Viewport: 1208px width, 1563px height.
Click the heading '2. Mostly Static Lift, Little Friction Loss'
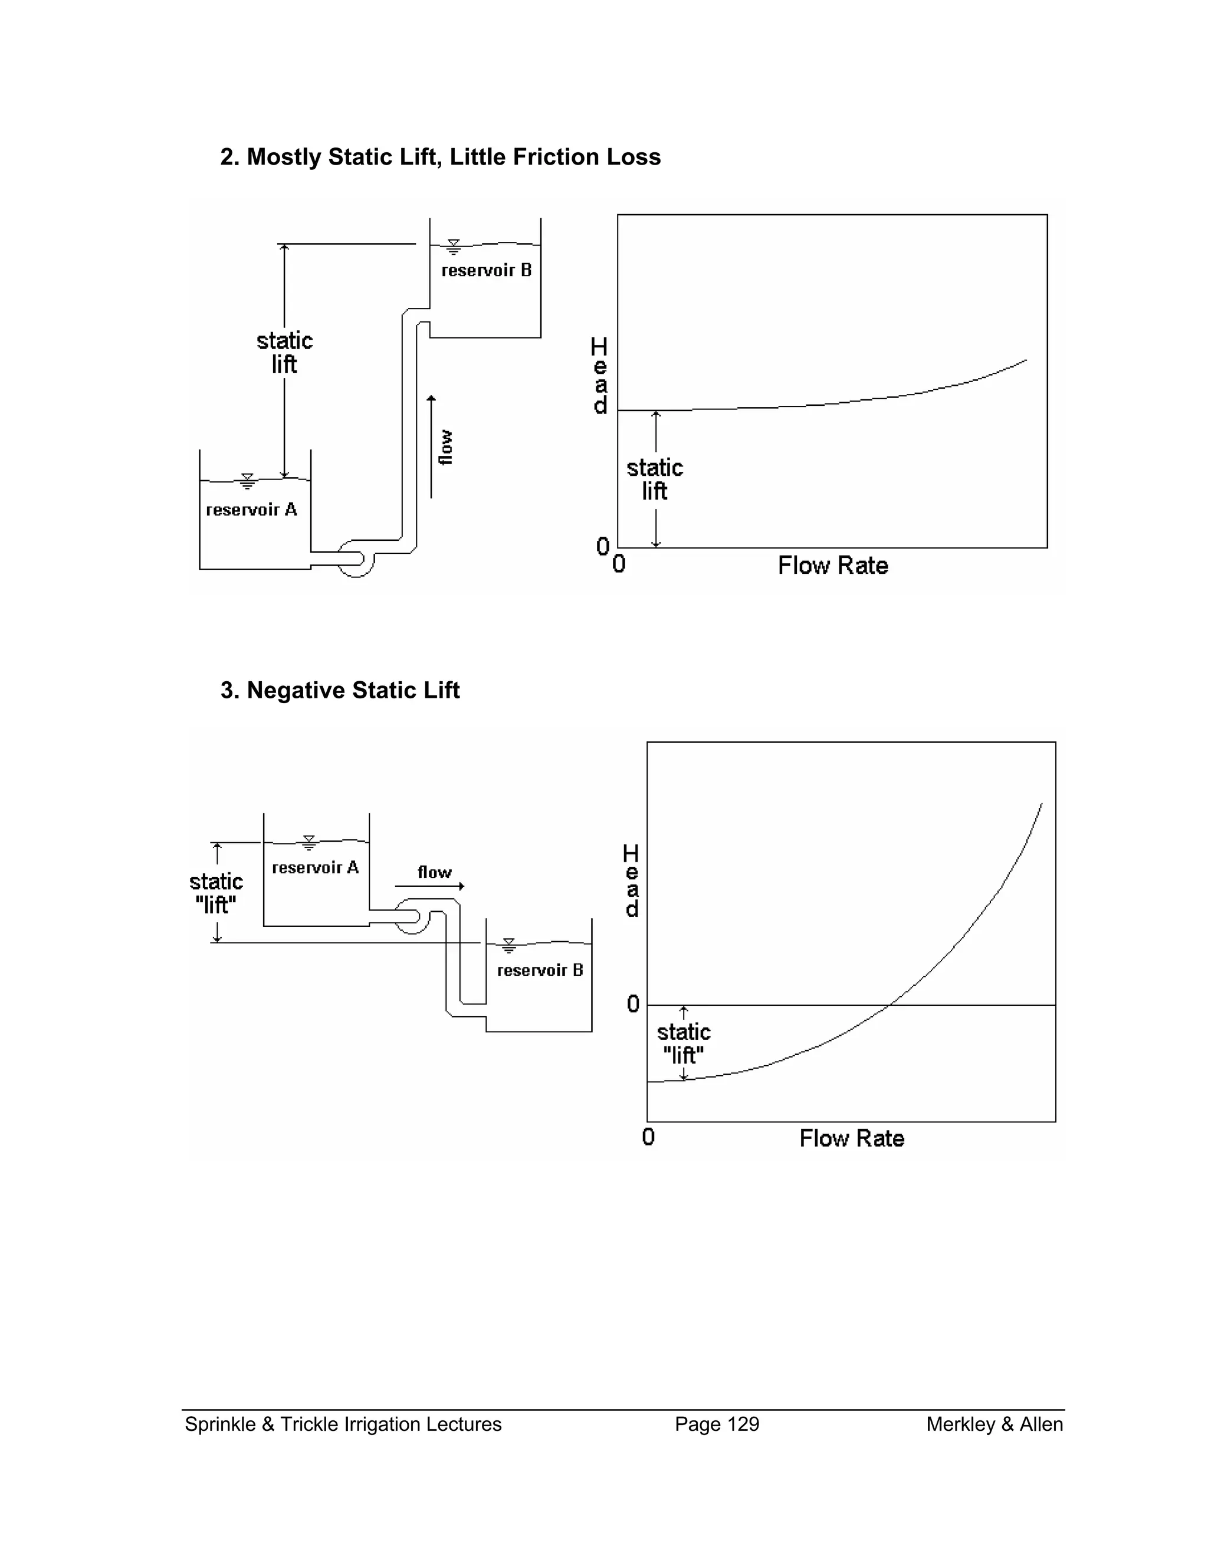[440, 157]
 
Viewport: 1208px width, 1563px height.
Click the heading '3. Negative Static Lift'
[340, 691]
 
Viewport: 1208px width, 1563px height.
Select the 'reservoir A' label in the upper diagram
[251, 510]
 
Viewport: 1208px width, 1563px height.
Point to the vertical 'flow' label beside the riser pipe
[445, 447]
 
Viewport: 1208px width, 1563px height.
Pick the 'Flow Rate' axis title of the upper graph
[833, 566]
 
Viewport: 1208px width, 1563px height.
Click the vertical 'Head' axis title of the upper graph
[600, 376]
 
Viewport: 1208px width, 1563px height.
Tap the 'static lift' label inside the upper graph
[655, 480]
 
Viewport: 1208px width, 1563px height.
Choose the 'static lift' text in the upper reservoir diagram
[285, 352]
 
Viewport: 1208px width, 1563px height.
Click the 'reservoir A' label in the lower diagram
[315, 868]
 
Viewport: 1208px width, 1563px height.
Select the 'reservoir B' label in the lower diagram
[540, 970]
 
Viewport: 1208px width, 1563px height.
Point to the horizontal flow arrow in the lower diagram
[429, 886]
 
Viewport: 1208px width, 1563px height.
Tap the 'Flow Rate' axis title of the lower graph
[852, 1138]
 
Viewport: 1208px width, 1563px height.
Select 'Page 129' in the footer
[717, 1424]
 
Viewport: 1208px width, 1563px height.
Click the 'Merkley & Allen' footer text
[994, 1424]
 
